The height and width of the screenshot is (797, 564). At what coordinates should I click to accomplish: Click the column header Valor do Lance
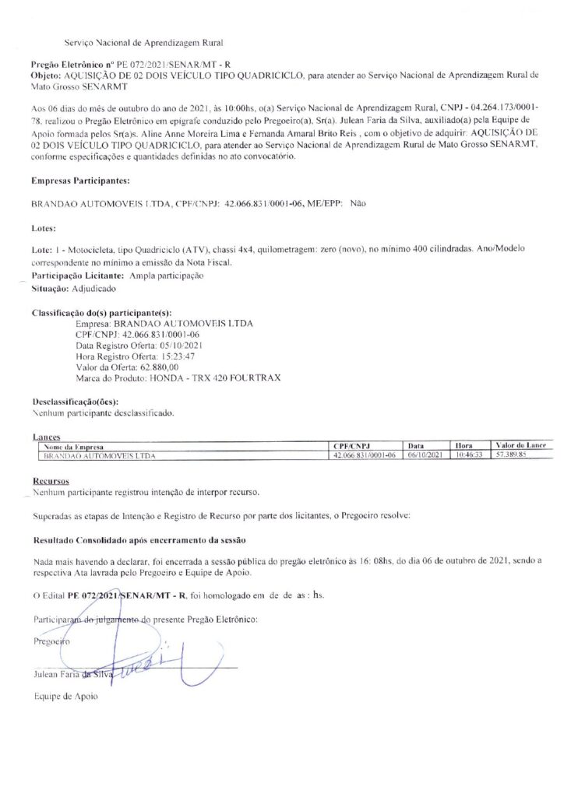click(520, 444)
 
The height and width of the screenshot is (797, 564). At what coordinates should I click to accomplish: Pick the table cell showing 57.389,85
click(512, 455)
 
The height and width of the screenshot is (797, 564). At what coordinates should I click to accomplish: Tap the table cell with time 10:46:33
click(469, 455)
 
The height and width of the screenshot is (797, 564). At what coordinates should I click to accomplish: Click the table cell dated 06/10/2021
click(425, 455)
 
